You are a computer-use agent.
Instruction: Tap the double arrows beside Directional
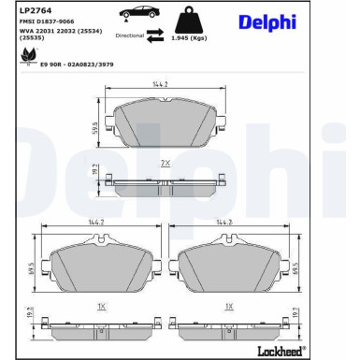point(156,35)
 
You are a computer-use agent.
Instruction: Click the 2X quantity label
point(165,163)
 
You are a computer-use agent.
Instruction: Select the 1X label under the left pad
point(101,306)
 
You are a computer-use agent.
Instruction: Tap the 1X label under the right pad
point(228,306)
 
